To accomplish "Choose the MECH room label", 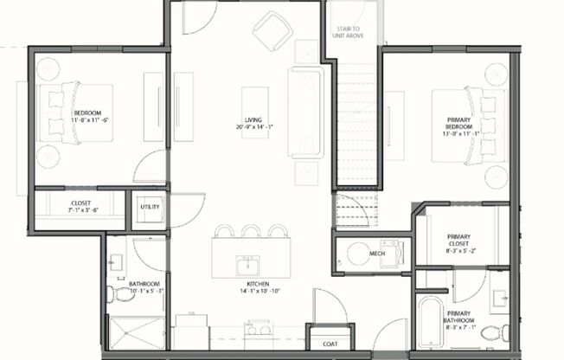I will point(376,254).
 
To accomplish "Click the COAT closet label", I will point(330,344).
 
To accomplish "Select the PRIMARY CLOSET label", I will point(458,243).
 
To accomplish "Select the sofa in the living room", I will point(305,112).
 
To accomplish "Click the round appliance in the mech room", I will point(356,254).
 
